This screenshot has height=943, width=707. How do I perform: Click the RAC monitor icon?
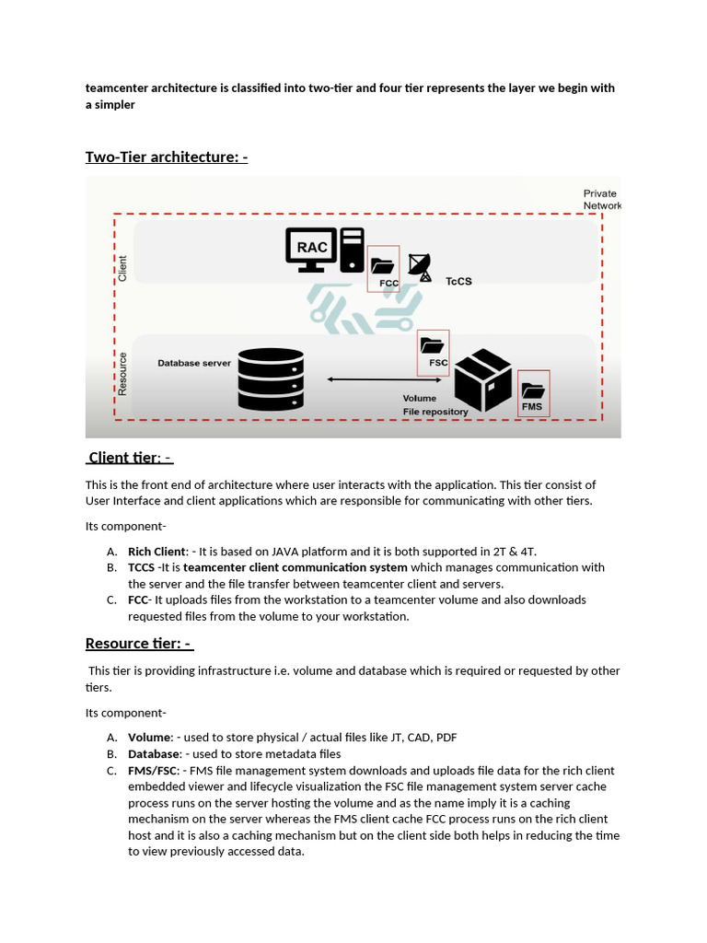coord(310,249)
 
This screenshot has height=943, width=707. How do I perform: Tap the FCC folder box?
coord(383,269)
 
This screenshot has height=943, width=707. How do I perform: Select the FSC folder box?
coord(433,352)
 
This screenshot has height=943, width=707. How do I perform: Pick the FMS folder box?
coord(533,393)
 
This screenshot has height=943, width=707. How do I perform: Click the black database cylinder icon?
coord(271,378)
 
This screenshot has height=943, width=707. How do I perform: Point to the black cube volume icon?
coord(482,379)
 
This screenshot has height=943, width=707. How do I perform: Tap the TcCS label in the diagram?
coord(458,281)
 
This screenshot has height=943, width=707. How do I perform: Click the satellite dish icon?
coord(419,266)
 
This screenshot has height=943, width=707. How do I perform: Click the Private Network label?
coord(601,200)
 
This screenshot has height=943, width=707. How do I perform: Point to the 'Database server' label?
coord(194,363)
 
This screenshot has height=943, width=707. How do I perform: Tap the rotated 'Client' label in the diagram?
coord(122,269)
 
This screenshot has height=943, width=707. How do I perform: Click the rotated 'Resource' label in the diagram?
coord(122,373)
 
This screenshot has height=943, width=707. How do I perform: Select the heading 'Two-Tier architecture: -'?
coord(167,157)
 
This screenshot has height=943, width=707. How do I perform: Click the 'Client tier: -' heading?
coord(130,458)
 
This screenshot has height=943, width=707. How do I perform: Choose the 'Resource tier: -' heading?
coord(139,643)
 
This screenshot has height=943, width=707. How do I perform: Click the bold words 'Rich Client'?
coord(156,551)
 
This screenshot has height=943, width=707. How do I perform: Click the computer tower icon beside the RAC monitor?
coord(352,250)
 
